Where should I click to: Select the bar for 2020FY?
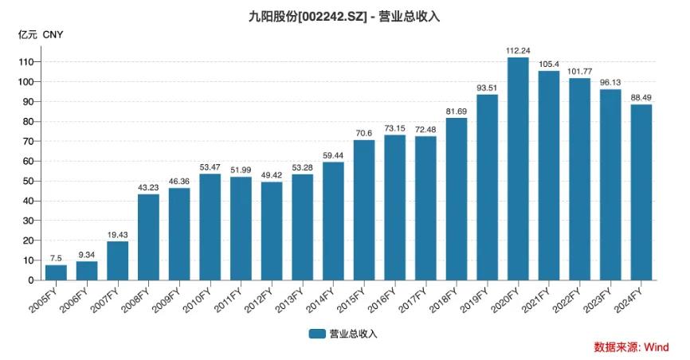pyautogui.click(x=518, y=169)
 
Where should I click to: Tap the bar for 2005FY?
pyautogui.click(x=56, y=272)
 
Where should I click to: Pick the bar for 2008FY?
pyautogui.click(x=148, y=237)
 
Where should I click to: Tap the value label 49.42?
pyautogui.click(x=272, y=174)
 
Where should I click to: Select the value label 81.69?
pyautogui.click(x=457, y=111)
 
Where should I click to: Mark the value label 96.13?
pyautogui.click(x=610, y=82)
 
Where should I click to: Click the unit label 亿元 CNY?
pyautogui.click(x=41, y=35)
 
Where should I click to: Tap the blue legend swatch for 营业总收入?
pyautogui.click(x=317, y=334)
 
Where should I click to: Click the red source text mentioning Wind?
pyautogui.click(x=631, y=347)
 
